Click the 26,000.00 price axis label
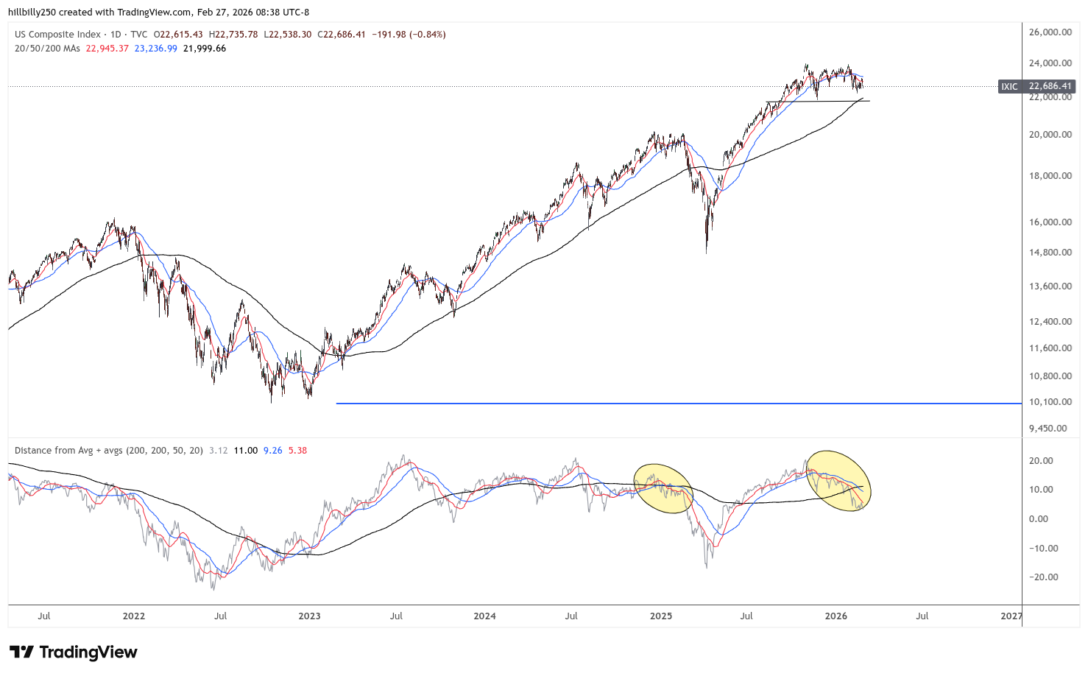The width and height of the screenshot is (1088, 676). pos(1050,32)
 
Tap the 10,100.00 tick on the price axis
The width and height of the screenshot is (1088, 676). pos(1050,402)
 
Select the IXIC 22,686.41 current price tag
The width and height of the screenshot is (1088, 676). pos(1036,86)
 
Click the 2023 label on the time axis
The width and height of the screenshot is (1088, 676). pos(309,616)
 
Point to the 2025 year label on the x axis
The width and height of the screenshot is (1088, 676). pos(661,616)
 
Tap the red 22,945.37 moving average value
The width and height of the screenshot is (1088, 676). pos(107,49)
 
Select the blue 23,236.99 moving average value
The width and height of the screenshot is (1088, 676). pos(156,49)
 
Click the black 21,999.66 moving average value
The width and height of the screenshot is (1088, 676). pos(205,49)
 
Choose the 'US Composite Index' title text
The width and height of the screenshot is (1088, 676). pos(57,35)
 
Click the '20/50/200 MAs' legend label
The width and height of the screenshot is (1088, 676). pos(47,49)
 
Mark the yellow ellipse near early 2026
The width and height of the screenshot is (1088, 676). pos(839,480)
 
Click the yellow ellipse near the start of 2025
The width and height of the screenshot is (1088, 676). pos(663,488)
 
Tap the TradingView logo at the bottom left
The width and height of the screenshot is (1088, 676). pos(74,652)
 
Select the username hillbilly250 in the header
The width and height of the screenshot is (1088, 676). pos(32,13)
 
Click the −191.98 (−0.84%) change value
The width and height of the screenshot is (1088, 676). pos(409,35)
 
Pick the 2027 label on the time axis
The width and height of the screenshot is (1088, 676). pos(1011,616)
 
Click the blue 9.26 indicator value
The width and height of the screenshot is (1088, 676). pos(272,451)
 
